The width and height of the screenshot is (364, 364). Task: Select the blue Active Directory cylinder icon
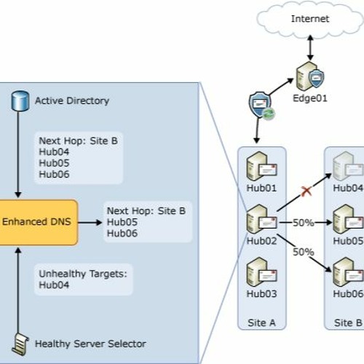point(20,100)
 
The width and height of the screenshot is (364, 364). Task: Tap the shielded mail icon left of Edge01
point(260,107)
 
